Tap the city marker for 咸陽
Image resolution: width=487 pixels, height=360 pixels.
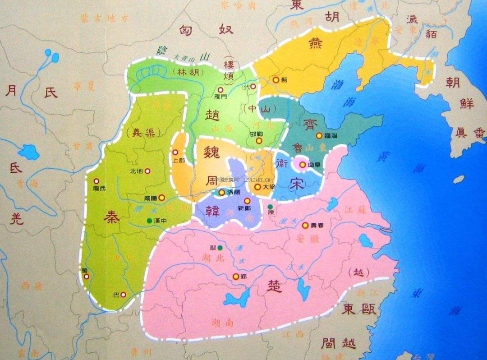[x=161, y=198]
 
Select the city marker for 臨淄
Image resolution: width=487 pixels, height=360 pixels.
[x=319, y=135]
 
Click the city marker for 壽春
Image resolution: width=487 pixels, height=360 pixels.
[x=305, y=225]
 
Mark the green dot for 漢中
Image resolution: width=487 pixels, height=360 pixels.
[x=149, y=221]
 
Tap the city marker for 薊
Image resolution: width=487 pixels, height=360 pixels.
[x=276, y=80]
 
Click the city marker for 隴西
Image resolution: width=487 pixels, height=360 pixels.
[x=96, y=181]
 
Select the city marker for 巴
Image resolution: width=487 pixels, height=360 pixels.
[x=123, y=295]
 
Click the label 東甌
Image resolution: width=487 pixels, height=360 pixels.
[x=355, y=309]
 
